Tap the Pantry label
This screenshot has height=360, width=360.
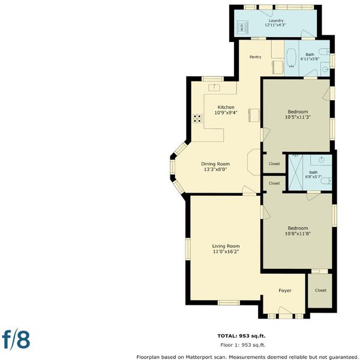pos(256,57)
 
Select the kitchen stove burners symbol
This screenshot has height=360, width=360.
pos(197,118)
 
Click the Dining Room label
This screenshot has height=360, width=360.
pos(215,164)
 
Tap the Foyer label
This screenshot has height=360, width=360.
pos(285,290)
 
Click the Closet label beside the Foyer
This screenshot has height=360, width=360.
pos(320,290)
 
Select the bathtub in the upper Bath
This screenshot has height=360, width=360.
pos(292,58)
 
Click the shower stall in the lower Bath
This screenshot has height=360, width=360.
pos(295,173)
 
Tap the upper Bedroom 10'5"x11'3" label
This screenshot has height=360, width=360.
pos(298,115)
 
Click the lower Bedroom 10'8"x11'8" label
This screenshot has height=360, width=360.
pos(298,231)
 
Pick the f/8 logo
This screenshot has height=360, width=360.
pos(16,340)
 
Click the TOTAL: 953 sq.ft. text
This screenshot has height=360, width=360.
pos(241,336)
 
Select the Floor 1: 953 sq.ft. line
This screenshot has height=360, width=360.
pos(242,345)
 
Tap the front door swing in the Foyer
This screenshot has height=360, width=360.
pos(286,310)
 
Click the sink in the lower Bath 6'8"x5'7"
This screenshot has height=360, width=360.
pos(322,160)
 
